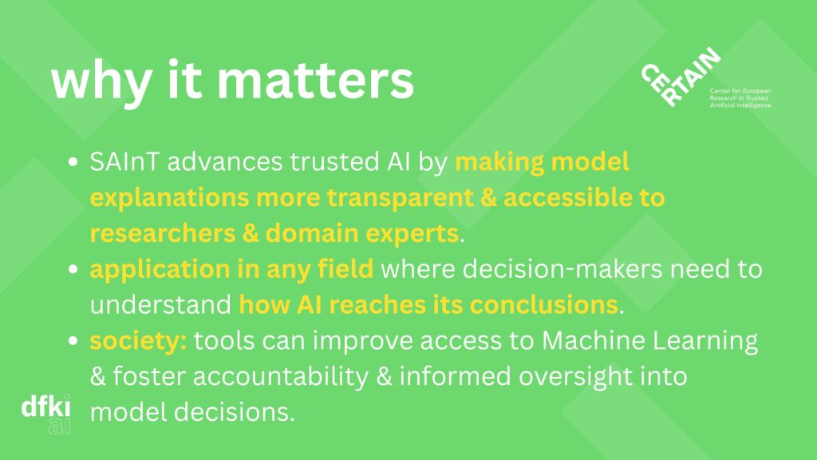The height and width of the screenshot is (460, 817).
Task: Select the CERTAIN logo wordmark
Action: click(x=681, y=77)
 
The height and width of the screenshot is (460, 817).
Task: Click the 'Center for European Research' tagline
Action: click(x=740, y=98)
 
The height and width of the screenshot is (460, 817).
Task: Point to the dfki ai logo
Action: click(x=45, y=414)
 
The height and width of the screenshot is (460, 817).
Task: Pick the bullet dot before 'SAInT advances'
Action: click(x=73, y=161)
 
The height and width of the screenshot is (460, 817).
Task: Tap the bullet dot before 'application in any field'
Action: click(x=73, y=269)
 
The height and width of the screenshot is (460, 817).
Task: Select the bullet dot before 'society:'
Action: click(x=73, y=340)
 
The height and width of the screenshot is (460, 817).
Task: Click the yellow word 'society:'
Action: click(x=138, y=340)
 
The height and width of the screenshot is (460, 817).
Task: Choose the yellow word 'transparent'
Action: click(x=401, y=198)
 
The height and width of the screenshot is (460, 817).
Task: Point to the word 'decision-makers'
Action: click(x=562, y=269)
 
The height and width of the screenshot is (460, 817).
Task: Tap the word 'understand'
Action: click(x=160, y=304)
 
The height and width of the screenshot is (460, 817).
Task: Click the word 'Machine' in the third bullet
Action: click(x=594, y=340)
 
